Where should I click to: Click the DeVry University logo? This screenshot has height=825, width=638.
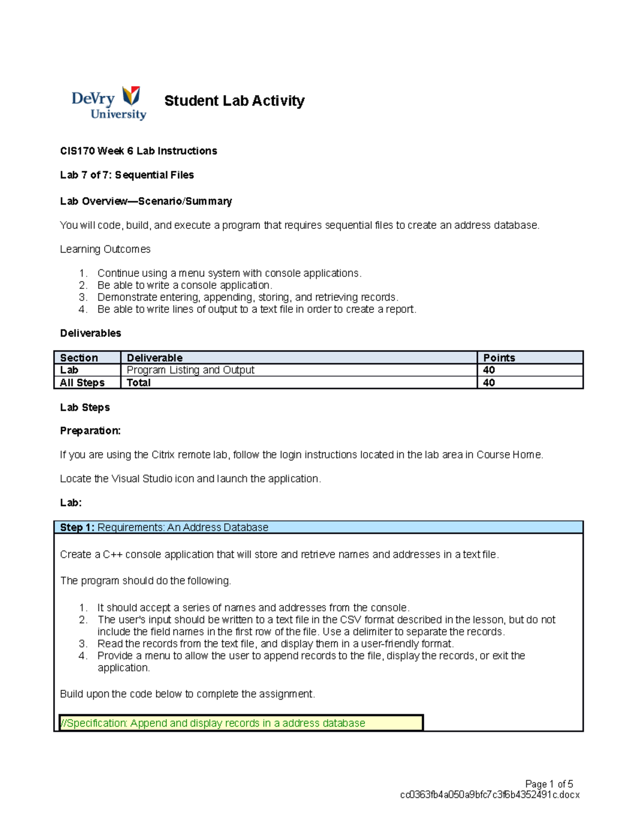(109, 103)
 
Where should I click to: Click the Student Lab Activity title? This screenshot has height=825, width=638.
(234, 100)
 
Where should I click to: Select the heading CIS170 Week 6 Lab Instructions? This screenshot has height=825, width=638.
(138, 151)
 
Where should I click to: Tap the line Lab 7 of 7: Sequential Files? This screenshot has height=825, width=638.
(127, 175)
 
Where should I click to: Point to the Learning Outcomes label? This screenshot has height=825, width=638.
(105, 249)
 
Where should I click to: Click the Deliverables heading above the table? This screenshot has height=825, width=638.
(90, 333)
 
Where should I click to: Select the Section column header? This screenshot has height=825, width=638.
(79, 358)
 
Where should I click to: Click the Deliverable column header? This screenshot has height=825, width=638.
(154, 358)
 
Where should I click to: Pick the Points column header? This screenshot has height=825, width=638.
(499, 358)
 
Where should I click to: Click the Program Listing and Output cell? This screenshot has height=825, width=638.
(190, 370)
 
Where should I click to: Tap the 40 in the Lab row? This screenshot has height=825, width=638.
(489, 370)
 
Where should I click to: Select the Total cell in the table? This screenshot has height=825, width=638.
(138, 382)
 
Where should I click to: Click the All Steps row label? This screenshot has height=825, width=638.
(82, 382)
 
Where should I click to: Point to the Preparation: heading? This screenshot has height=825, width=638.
(90, 431)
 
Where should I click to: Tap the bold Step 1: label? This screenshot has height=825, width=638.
(77, 528)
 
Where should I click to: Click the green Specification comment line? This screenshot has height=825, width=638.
(213, 723)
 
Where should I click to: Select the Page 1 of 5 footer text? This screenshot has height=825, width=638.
(549, 784)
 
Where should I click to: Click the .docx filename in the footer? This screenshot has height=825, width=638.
(489, 795)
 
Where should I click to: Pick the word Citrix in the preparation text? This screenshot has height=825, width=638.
(163, 455)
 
